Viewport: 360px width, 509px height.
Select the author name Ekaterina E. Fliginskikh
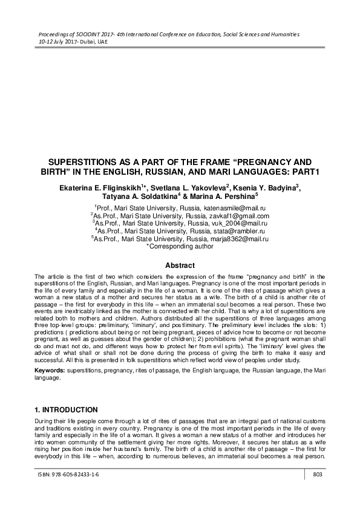coord(101,187)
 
